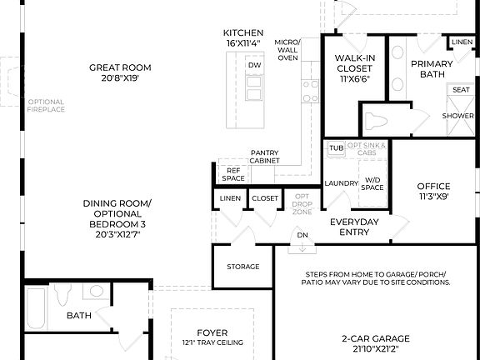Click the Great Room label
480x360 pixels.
click(123, 67)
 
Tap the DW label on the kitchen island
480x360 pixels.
click(254, 64)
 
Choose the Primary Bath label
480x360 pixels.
click(432, 69)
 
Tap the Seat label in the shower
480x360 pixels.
click(460, 90)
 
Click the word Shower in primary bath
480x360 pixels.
click(457, 116)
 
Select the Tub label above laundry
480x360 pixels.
click(336, 148)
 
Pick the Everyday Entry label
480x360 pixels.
click(354, 227)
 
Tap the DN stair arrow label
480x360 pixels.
click(302, 236)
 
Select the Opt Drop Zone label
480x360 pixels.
click(302, 204)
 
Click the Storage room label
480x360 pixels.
click(243, 267)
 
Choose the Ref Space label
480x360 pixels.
click(233, 173)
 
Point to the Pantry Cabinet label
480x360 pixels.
click(265, 157)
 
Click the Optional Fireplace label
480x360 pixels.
click(46, 106)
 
